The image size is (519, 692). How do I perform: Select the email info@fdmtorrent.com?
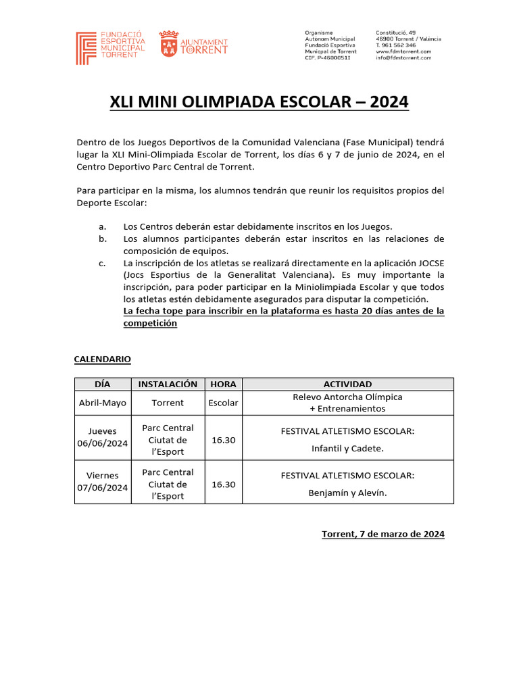[x=403, y=58]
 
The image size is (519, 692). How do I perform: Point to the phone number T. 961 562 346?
[x=396, y=45]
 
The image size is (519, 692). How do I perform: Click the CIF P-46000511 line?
[x=328, y=58]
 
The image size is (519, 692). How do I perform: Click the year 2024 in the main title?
[x=385, y=102]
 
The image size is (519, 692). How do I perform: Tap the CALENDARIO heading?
[x=102, y=359]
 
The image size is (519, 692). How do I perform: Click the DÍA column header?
[x=102, y=384]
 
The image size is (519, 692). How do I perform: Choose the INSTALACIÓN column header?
[x=168, y=384]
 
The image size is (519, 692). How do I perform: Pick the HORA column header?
[x=223, y=384]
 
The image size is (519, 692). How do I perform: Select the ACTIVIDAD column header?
[x=347, y=384]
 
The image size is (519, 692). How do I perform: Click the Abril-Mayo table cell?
[x=102, y=403]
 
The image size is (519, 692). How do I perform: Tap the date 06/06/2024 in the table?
[x=102, y=443]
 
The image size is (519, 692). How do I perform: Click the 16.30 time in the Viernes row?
[x=223, y=485]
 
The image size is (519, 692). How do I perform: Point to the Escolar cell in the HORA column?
[x=223, y=403]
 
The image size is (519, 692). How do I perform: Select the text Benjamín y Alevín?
[x=347, y=493]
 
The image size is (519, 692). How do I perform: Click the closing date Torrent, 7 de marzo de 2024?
[x=382, y=534]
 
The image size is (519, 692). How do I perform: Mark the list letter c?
[x=101, y=263]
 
